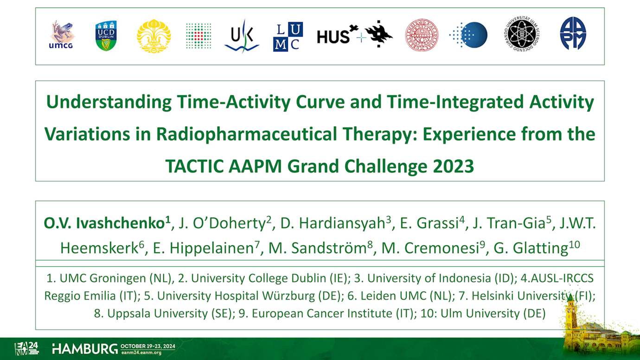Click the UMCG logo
tap(61, 35)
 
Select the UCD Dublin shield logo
tap(106, 36)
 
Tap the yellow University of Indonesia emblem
tap(154, 36)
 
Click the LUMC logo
tap(288, 37)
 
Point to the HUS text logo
tap(333, 37)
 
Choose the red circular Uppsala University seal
tap(422, 35)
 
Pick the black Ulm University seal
tap(522, 34)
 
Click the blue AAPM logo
tap(573, 33)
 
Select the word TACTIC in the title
tap(194, 166)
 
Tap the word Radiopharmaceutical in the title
tap(246, 134)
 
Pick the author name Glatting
tap(540, 248)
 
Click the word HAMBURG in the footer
tap(85, 349)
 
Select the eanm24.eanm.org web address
tap(141, 353)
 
